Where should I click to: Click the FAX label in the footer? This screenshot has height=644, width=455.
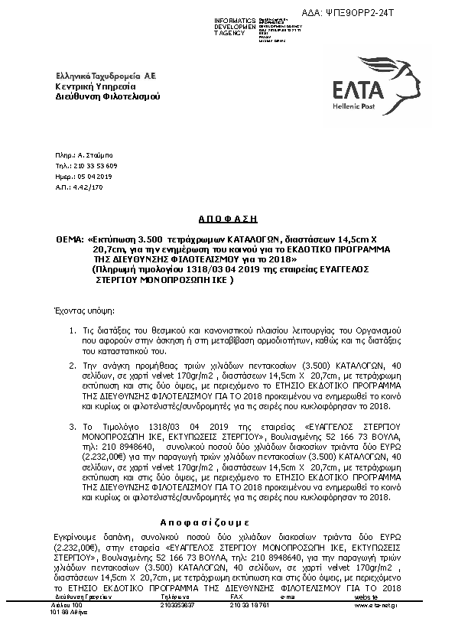point(236,597)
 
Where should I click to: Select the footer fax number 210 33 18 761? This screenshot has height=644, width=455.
point(249,605)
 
